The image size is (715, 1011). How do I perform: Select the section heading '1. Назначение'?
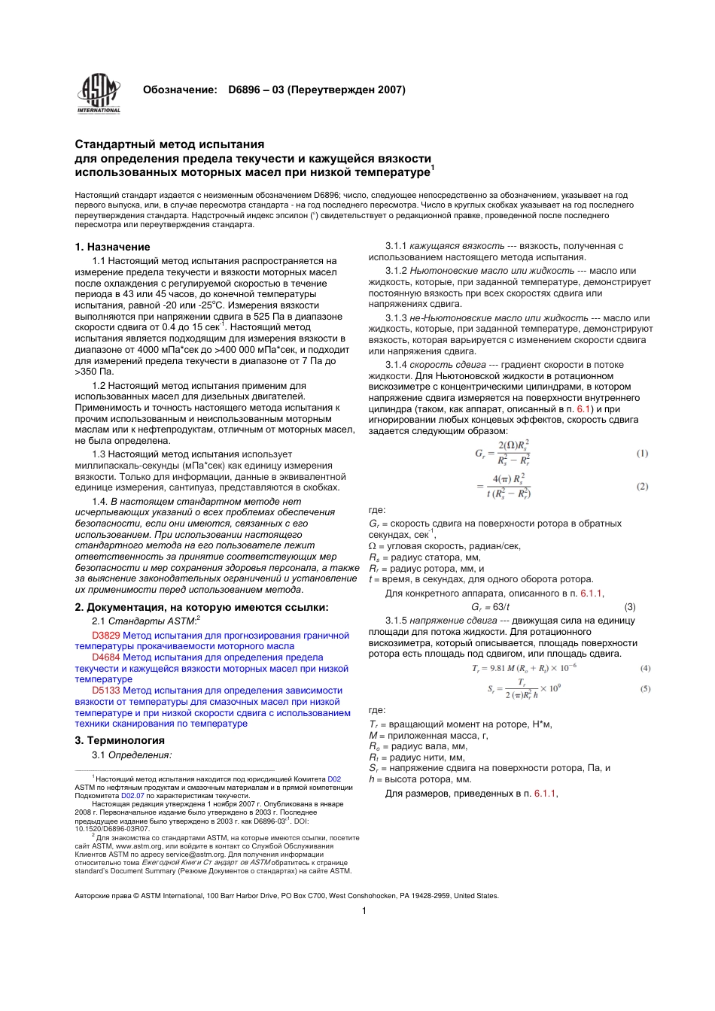point(112,247)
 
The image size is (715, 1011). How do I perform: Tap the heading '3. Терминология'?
point(119,740)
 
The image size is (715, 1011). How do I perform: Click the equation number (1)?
point(642,454)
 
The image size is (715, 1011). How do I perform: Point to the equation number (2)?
point(642,487)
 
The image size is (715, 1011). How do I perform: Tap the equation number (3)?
point(630,607)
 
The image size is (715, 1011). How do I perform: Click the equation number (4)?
point(645,668)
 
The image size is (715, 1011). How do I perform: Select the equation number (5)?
point(645,689)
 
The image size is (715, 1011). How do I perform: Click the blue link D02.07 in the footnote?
point(132,795)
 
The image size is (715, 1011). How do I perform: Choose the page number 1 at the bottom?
point(364,911)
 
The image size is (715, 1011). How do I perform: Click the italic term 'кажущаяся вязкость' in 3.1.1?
point(457,246)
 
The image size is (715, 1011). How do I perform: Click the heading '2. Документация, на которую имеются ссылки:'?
point(202,607)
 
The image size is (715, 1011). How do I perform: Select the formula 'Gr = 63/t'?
point(490,607)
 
